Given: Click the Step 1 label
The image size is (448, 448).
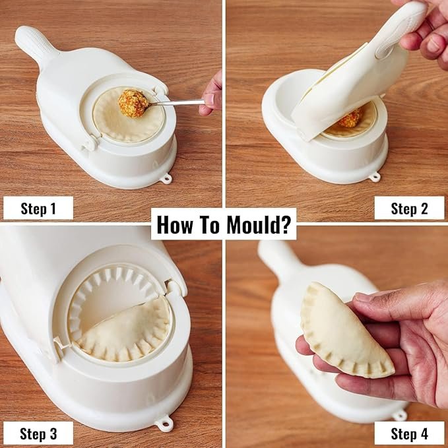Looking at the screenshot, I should click(38, 208).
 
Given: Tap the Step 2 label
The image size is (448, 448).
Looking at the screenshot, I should click(409, 208).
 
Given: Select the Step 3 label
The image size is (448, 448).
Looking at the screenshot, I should click(38, 433).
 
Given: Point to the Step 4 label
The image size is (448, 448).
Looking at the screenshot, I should click(409, 433).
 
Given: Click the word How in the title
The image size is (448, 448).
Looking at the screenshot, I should click(175, 224).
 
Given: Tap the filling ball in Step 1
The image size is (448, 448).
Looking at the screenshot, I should click(133, 104).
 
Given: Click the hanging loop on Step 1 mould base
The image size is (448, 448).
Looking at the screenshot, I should click(166, 177).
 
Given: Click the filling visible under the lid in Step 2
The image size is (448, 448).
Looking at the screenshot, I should click(350, 119).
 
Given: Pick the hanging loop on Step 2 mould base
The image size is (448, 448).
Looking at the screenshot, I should click(375, 176).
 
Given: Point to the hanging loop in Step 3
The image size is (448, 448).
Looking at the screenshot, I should click(163, 423).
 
